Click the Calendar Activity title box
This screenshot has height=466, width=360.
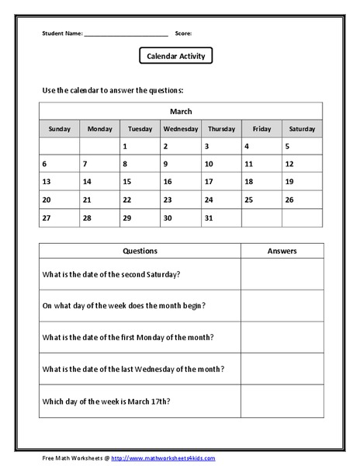[x=175, y=56]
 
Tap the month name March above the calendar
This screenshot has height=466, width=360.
[x=181, y=112]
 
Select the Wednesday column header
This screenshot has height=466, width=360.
[x=181, y=129]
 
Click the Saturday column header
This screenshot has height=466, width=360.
[x=302, y=129]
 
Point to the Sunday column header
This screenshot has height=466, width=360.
[x=60, y=129]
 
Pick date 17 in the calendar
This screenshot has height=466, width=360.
[x=208, y=182]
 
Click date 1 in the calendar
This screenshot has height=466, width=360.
[x=125, y=146]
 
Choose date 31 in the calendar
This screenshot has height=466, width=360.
[x=208, y=218]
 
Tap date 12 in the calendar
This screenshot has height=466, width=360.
[x=289, y=164]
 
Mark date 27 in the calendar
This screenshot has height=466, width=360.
[x=47, y=218]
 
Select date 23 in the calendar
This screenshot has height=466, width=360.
[x=168, y=200]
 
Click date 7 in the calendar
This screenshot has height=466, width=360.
[x=85, y=164]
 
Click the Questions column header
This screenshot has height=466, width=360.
[x=140, y=251]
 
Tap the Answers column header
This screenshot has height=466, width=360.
[x=282, y=251]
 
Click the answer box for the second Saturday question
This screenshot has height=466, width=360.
[x=282, y=273]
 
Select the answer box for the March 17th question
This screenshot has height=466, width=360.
[x=282, y=401]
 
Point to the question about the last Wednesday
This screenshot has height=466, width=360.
[x=128, y=368]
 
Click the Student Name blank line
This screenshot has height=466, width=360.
[x=126, y=34]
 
